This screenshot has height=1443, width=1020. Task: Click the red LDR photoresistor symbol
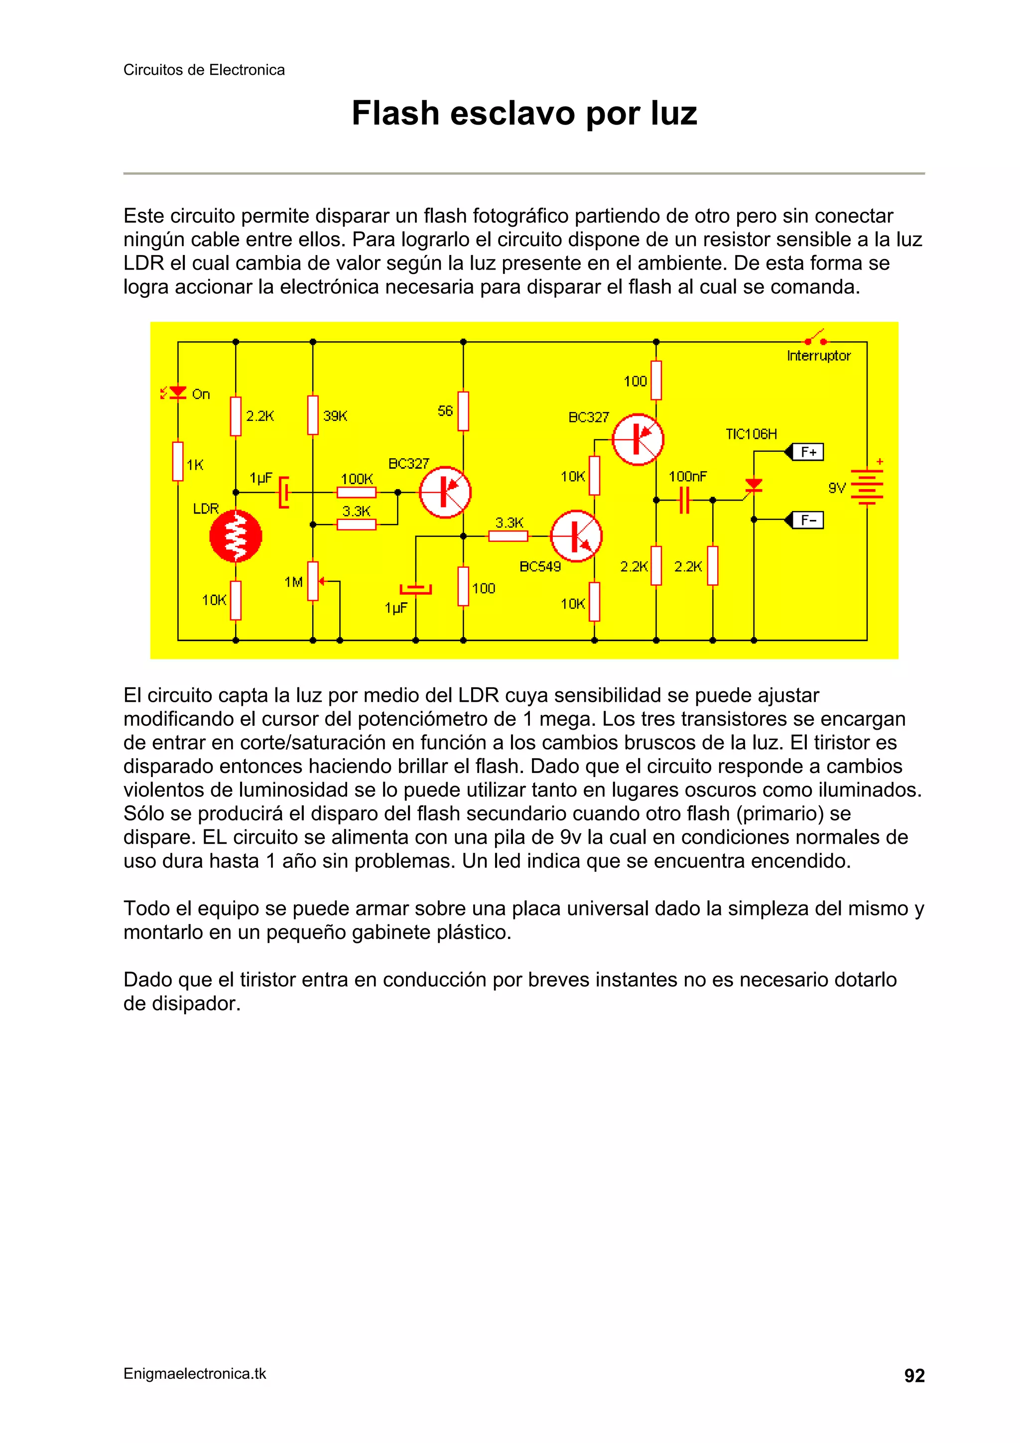pos(235,536)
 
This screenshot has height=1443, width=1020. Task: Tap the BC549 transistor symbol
pos(576,536)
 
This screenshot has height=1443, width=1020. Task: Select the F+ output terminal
pos(807,452)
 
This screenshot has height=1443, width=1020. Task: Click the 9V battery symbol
pos(867,487)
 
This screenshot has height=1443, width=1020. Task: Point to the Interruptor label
pos(818,356)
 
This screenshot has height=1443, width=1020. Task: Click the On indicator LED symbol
pos(178,393)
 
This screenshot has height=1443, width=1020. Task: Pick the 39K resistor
pos(312,415)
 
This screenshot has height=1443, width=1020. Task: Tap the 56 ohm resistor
pos(463,411)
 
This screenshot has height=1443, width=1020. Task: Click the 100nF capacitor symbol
pos(684,500)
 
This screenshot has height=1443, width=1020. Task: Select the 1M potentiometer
pos(312,581)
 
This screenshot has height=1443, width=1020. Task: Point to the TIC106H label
pos(751,434)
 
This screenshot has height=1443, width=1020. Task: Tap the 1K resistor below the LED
pos(178,462)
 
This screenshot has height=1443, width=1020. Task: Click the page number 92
pos(914,1376)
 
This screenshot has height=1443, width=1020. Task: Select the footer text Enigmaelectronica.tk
pos(195,1374)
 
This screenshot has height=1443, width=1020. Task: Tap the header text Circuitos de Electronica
pos(204,70)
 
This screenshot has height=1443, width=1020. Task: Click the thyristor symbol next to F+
pos(753,485)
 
